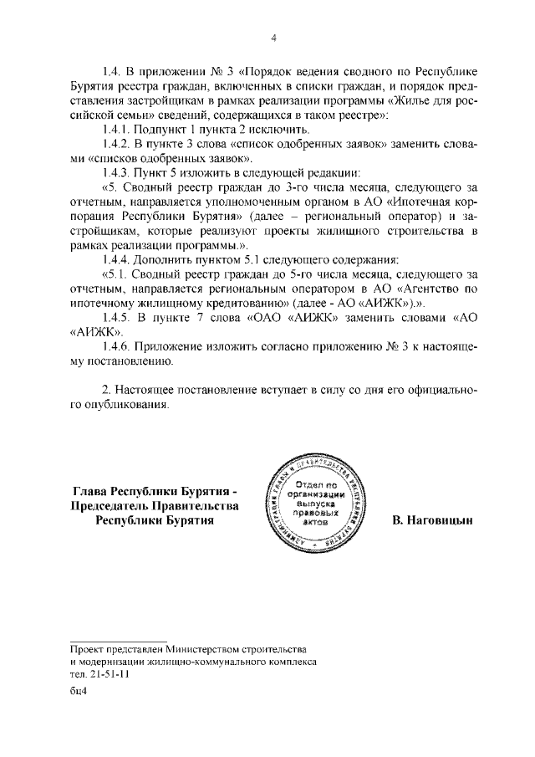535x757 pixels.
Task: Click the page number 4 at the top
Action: pos(273,37)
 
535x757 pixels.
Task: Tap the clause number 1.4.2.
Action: pos(119,144)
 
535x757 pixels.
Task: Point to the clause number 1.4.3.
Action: pos(119,172)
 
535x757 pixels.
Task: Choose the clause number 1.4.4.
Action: pos(119,258)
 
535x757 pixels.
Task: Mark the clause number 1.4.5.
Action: pos(119,317)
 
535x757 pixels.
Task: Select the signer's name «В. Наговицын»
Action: pos(432,519)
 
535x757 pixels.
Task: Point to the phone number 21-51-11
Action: pos(108,673)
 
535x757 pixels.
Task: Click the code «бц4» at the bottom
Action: pos(79,691)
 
